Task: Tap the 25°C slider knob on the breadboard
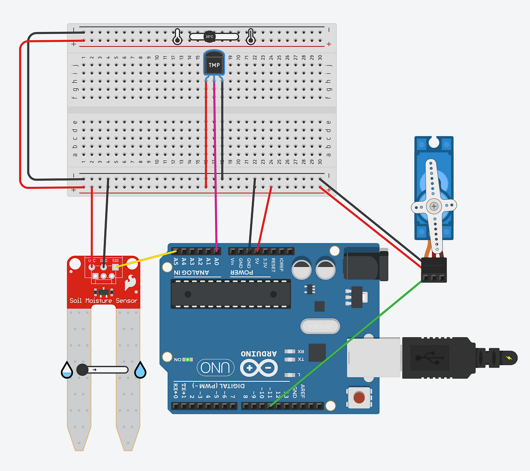tap(209, 37)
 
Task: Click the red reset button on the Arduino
tap(359, 397)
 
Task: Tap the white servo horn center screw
tap(434, 206)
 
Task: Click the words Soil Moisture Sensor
tap(103, 301)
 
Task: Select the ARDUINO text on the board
tap(259, 353)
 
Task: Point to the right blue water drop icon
tap(140, 370)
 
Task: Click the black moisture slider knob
tap(83, 370)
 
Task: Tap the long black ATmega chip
tap(231, 294)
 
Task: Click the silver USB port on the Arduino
tap(374, 357)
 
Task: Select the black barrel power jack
tap(365, 264)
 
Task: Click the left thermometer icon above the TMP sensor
tap(177, 37)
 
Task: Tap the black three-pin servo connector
tap(434, 269)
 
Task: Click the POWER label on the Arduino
tap(242, 272)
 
